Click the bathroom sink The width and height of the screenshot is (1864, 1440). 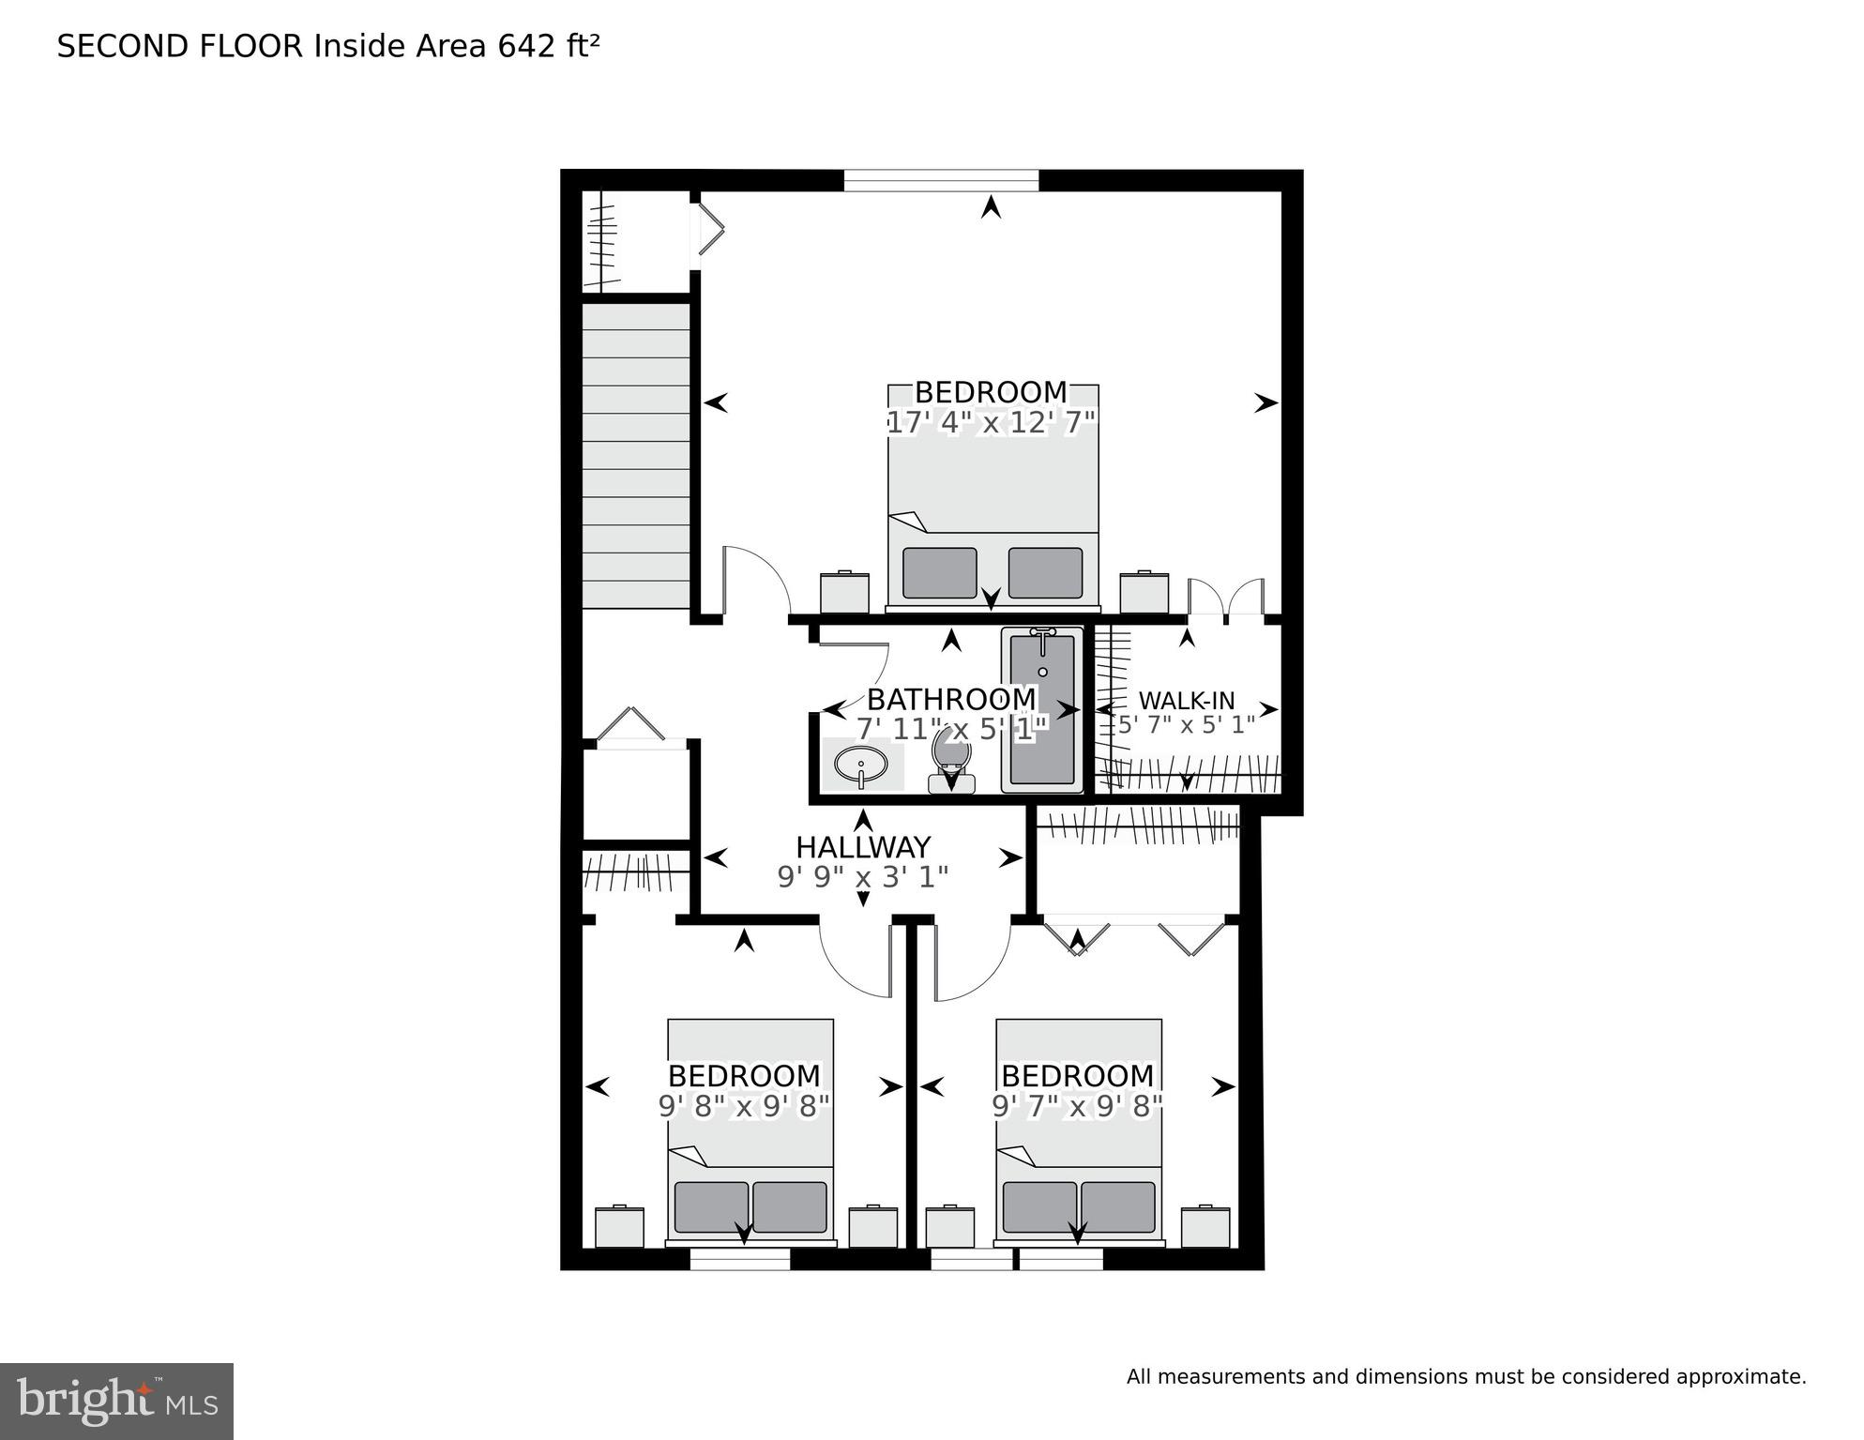(860, 764)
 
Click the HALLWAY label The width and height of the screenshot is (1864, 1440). (863, 847)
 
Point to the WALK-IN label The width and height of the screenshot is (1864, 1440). (1187, 701)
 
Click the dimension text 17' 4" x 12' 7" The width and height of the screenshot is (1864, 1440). (992, 423)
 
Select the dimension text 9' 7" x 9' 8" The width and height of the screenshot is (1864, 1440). (1078, 1107)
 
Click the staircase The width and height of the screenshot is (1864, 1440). (636, 456)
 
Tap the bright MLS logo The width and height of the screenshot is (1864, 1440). (116, 1402)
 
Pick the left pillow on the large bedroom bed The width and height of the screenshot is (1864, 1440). (939, 572)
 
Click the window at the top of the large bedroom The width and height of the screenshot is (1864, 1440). (941, 180)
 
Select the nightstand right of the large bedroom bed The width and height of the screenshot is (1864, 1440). (1144, 592)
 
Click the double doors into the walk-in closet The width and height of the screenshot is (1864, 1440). (1226, 600)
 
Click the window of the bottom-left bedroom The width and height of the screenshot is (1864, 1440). (740, 1259)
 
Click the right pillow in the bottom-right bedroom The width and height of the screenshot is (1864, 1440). (1117, 1206)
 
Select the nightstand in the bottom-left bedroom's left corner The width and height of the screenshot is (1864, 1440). (619, 1227)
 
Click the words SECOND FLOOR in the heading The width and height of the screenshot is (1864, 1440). (180, 47)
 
